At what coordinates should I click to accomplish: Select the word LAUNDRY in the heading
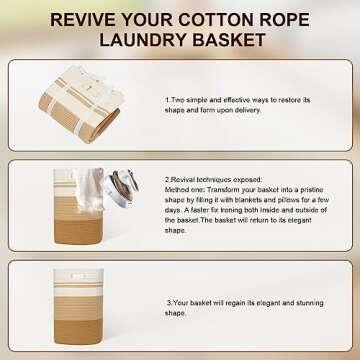tap(143, 40)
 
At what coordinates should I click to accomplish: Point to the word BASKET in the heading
tap(229, 40)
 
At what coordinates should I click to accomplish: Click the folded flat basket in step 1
tap(81, 104)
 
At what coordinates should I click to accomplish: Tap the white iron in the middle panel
tap(121, 188)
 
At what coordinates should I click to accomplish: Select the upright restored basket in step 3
tap(79, 306)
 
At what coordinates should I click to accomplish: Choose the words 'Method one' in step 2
tap(185, 190)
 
